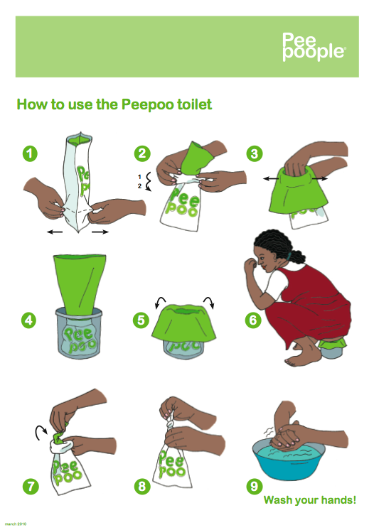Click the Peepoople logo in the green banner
click(314, 47)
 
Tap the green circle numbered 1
click(30, 153)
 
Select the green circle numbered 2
click(142, 153)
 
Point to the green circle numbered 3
click(255, 153)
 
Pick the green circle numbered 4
click(28, 320)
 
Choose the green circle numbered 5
click(141, 320)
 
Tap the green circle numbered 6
click(253, 320)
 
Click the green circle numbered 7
click(31, 487)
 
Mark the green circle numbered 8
click(142, 487)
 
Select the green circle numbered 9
click(255, 487)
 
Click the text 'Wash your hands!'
click(310, 499)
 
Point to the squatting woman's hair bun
click(297, 256)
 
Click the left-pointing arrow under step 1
click(55, 232)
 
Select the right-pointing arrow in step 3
click(320, 178)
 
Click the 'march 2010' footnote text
click(16, 524)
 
